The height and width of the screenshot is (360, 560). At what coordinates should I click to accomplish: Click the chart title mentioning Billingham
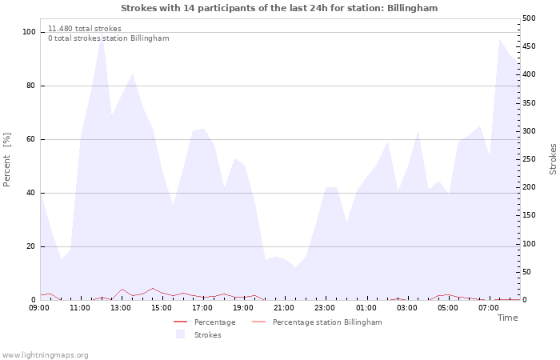point(279,8)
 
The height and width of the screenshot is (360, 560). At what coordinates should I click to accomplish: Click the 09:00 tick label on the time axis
point(39,308)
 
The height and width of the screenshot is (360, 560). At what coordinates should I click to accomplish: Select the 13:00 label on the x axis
point(121,308)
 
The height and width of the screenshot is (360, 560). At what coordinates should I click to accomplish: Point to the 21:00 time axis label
point(284,308)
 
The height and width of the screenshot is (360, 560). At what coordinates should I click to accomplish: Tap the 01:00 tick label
point(366,308)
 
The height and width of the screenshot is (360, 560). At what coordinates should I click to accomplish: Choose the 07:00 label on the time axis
point(489,308)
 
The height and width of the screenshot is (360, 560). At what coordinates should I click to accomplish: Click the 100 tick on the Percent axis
point(29,32)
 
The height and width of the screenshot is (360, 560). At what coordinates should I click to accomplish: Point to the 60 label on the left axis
point(30,139)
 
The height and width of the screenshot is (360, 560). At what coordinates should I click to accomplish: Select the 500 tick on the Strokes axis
point(529,18)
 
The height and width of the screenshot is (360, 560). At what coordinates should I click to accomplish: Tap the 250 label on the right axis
point(529,159)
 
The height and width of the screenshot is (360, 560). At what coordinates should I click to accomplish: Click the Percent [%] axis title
point(6,160)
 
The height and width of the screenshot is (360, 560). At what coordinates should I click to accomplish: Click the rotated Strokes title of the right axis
point(553,159)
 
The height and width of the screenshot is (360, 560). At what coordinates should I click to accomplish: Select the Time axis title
point(507,318)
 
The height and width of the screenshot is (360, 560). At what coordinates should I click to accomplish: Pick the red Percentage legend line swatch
point(180,322)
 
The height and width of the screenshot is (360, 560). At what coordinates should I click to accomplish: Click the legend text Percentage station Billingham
point(327,322)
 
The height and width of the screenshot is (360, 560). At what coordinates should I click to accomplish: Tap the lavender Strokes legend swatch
point(180,334)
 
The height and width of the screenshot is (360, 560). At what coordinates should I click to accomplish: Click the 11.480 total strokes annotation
point(85,29)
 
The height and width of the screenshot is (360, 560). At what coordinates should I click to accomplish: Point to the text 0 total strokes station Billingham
point(109,38)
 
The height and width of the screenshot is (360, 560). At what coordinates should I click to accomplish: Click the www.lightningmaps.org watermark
point(44,355)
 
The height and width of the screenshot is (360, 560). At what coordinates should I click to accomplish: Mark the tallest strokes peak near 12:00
point(102,34)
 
